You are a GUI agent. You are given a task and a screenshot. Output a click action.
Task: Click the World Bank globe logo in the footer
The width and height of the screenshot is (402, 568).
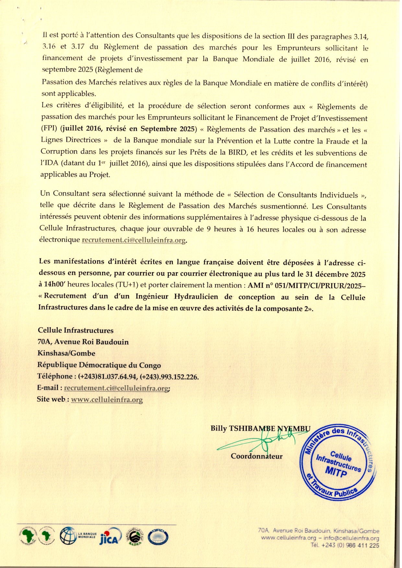coord(68,536)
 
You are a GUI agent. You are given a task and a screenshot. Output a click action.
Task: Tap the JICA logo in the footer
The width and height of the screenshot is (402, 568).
coord(110,537)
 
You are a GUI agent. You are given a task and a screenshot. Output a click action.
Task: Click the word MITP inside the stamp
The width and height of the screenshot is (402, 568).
coord(336,472)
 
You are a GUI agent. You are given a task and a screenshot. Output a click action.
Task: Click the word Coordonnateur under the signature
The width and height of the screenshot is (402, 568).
coord(256,456)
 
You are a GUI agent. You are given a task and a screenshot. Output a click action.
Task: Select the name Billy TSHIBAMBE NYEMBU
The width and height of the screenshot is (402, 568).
coord(260,428)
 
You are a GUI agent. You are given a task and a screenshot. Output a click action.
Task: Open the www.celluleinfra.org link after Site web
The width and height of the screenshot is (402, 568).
coord(107,400)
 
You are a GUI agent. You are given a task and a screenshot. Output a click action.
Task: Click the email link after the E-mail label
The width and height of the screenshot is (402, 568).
coord(116,388)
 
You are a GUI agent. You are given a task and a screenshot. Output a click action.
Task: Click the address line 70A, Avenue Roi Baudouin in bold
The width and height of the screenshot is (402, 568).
coord(83,342)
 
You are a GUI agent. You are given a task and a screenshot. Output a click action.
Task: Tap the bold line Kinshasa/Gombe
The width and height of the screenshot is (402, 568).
coord(66,353)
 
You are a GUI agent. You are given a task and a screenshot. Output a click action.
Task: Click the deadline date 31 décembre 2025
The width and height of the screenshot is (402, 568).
coord(336,274)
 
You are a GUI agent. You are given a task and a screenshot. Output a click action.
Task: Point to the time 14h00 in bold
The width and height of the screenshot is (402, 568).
coord(55,284)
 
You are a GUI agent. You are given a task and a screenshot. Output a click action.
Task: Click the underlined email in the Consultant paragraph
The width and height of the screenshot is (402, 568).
coord(134,240)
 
